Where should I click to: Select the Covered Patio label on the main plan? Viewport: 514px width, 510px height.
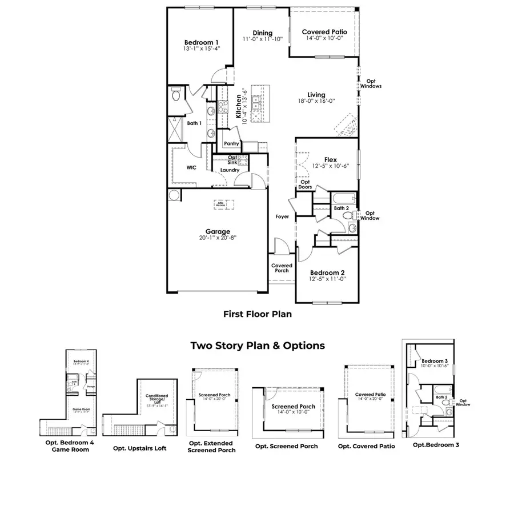point(324,32)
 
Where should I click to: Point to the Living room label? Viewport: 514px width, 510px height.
point(316,95)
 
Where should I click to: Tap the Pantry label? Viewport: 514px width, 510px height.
point(231,144)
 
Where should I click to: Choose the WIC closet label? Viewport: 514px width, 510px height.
point(191,168)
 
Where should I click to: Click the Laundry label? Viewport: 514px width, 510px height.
point(229,170)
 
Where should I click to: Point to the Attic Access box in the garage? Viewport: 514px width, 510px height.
point(220,203)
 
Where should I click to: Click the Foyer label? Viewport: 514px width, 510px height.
point(282,217)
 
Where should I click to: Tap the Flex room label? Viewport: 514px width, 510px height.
point(330,160)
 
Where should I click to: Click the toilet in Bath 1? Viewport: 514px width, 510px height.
point(176,97)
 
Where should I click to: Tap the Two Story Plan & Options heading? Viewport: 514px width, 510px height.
point(258,346)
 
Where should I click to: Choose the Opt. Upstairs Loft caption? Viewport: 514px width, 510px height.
point(140,448)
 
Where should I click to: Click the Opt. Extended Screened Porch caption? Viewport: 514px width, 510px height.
point(211,446)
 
